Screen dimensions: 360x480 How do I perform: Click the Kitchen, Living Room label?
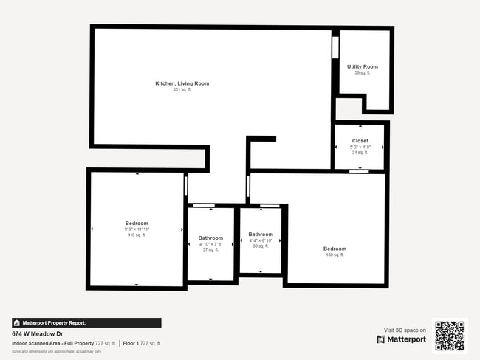tap(182, 83)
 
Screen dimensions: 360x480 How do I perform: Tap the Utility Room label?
tap(362, 66)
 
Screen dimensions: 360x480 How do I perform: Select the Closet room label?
tap(360, 140)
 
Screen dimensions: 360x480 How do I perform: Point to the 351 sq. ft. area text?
tap(182, 90)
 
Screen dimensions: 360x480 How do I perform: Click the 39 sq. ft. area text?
tap(362, 73)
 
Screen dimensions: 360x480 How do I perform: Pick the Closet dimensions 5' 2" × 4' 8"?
tap(360, 147)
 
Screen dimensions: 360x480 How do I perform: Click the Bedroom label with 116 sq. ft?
tap(137, 223)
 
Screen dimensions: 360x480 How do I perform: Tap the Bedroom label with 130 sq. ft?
tap(335, 249)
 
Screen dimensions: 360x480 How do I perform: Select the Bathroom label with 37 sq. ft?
tap(210, 238)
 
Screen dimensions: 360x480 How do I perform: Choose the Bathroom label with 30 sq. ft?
tap(261, 234)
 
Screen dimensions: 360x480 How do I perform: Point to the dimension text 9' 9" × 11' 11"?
tap(137, 229)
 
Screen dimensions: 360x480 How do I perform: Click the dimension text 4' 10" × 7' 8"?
tap(210, 244)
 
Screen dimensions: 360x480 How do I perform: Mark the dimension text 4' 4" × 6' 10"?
tap(261, 240)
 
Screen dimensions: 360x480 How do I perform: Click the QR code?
tap(450, 336)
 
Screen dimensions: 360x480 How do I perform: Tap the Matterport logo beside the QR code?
tap(401, 339)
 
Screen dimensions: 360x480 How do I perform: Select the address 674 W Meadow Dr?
tap(38, 333)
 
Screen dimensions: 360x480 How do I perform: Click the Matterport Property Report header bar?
tap(86, 322)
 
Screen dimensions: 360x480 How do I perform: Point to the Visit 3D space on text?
tap(405, 330)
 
